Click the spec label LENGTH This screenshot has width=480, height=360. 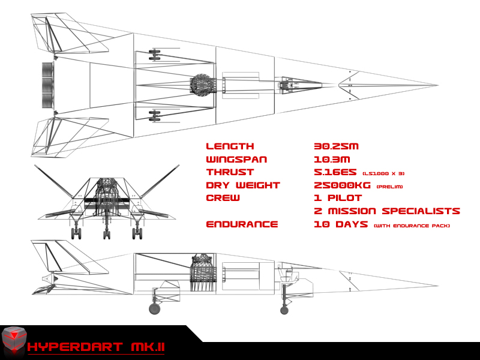230,146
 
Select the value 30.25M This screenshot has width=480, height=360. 336,146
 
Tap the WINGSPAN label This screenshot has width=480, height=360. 236,160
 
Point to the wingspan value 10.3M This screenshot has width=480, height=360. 332,160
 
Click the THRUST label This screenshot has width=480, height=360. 230,172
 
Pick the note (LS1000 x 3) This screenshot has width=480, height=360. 383,173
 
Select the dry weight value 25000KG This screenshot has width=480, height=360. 342,185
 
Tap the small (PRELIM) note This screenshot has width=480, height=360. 389,187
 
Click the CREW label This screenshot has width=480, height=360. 223,198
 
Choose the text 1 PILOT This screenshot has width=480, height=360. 338,198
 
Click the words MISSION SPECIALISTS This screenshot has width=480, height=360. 394,211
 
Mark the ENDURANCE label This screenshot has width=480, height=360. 242,224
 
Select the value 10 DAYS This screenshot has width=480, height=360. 341,224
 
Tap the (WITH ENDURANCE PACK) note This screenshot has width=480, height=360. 412,226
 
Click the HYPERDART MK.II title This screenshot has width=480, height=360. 96,347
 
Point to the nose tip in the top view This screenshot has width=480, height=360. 438,85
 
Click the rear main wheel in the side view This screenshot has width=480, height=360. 155,308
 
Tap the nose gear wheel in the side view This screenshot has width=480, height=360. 284,310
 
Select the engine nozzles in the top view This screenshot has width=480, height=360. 48,85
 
